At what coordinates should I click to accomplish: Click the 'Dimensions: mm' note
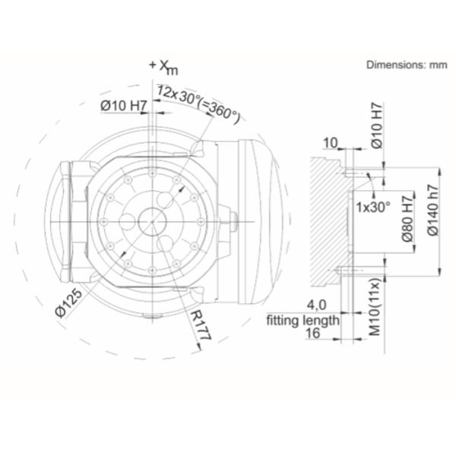(x=407, y=65)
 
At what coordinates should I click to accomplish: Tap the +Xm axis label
(x=163, y=68)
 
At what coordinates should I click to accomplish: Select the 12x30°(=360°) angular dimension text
(x=199, y=104)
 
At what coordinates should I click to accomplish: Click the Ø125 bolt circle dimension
(x=69, y=303)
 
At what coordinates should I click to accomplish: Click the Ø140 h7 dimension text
(x=433, y=210)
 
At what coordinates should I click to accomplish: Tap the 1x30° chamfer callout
(x=373, y=207)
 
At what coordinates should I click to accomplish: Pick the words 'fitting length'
(x=303, y=321)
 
